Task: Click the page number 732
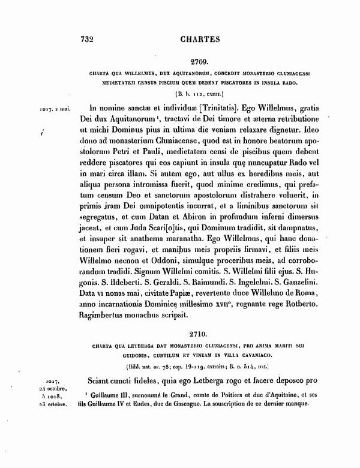click(88, 40)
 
